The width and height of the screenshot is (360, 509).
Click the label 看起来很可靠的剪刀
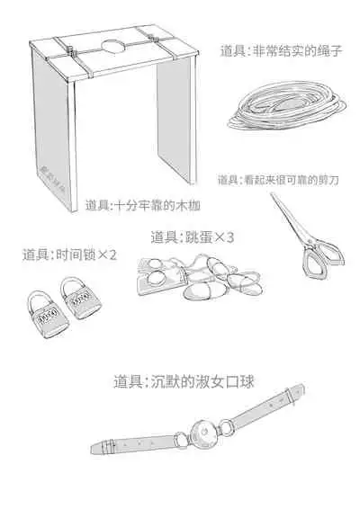pos(283,180)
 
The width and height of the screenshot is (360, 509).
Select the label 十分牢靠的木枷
pos(144,205)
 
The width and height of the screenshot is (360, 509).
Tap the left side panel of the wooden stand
pos(53,135)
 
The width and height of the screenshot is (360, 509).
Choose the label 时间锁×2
pos(69,254)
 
